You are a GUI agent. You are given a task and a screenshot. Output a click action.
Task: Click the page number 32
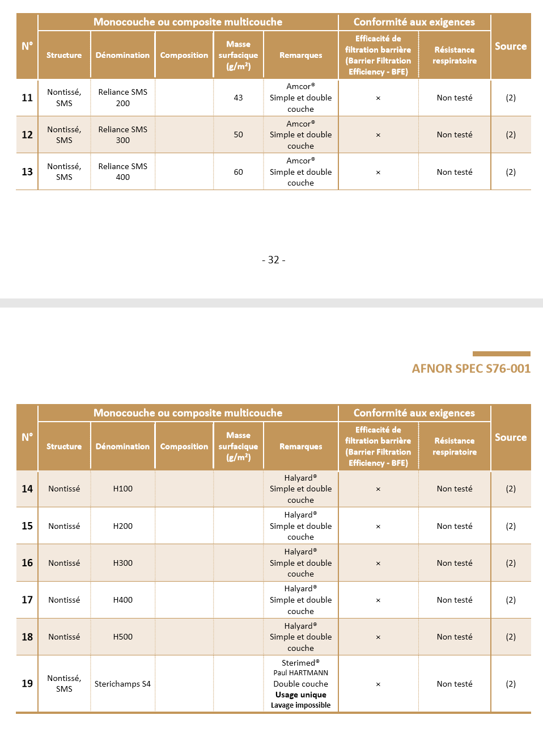274,260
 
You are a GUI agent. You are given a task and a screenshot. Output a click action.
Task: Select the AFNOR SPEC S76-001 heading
471,369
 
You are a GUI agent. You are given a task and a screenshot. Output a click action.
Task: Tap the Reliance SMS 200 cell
123,98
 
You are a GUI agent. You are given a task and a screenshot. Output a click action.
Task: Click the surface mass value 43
238,98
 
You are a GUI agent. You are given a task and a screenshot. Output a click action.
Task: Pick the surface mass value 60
238,172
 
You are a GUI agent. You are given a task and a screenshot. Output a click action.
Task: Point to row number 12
27,134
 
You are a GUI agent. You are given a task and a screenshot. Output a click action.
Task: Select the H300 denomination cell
123,563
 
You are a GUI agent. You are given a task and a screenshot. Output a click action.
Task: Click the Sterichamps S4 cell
123,684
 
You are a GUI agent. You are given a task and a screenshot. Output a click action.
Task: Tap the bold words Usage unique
300,695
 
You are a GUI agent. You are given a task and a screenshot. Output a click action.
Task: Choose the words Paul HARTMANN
300,673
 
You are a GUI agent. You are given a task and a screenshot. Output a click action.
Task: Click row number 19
27,684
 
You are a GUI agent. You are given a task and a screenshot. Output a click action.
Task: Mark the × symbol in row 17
378,600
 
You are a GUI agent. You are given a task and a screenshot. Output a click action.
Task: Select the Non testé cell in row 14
455,489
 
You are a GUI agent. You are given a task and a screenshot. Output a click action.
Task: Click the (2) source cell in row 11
511,98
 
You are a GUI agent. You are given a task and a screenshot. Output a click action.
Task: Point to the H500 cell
123,637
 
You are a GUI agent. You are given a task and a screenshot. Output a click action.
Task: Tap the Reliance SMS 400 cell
123,172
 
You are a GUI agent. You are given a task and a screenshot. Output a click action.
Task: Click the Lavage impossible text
300,705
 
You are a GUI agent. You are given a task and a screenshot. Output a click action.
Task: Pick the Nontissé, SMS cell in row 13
64,172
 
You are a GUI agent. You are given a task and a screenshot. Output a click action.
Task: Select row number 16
27,563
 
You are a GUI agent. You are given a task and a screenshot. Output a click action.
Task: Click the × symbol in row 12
378,135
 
